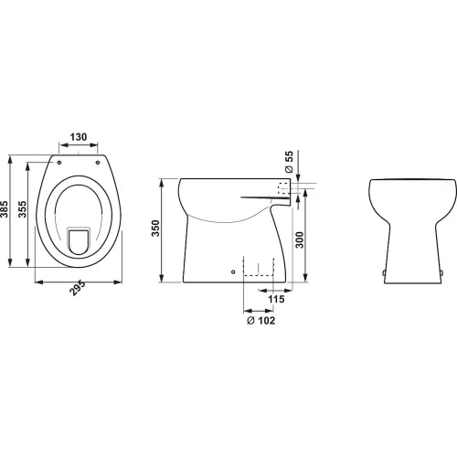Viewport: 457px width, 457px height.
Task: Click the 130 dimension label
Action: point(79,137)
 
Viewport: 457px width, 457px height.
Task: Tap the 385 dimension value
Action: point(5,209)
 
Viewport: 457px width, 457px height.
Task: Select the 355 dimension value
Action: point(22,209)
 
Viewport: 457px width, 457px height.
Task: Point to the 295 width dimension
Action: point(78,288)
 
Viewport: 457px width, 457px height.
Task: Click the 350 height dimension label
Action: point(155,228)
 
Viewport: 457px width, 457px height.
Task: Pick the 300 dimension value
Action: point(300,239)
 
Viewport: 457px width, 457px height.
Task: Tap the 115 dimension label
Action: point(276,299)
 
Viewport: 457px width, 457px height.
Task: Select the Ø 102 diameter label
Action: point(260,321)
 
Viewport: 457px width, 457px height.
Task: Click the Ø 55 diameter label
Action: point(289,162)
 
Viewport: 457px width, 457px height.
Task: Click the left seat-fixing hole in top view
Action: point(59,163)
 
